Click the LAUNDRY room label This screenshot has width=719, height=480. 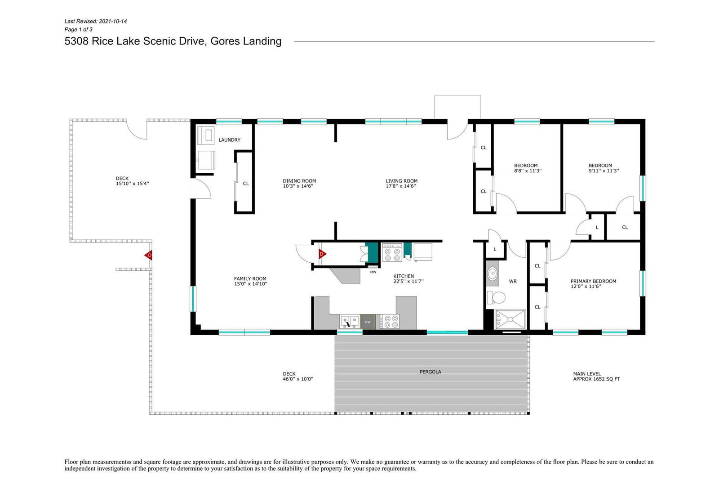[x=229, y=140]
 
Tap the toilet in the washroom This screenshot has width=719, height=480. [x=496, y=297]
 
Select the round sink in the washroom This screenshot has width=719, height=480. [x=493, y=274]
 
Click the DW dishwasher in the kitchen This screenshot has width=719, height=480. [x=368, y=322]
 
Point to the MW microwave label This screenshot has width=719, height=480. [x=373, y=272]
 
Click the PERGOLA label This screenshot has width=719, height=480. [x=430, y=372]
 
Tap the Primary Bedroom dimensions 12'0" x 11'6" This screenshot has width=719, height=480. [x=586, y=286]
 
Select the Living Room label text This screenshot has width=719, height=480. [x=401, y=181]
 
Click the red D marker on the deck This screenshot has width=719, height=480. [x=148, y=256]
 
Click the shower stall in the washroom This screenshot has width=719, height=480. [x=510, y=319]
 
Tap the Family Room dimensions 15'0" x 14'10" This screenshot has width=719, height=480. [x=250, y=284]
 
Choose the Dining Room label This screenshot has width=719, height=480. [x=299, y=181]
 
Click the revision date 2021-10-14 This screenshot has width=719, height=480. [x=113, y=21]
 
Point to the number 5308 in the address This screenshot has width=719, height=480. [x=76, y=41]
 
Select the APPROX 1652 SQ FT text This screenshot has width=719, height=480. [x=596, y=379]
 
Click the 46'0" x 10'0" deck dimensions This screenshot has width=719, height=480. [x=298, y=379]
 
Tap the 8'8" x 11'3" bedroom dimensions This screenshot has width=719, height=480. [x=528, y=170]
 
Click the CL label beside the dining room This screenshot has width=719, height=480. [x=246, y=184]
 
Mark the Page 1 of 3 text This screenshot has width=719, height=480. [x=78, y=30]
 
